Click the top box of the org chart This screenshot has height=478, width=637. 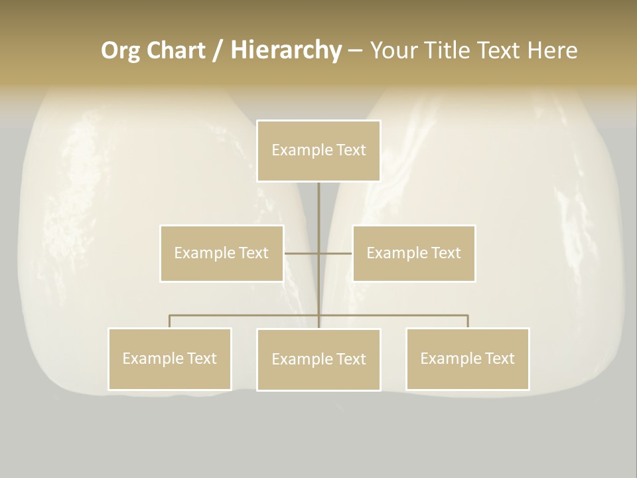coord(318,151)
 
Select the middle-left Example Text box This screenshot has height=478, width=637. coord(222,253)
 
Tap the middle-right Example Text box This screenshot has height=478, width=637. coord(414,253)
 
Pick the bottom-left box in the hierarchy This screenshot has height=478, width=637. coord(170,359)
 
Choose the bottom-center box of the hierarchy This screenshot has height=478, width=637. coord(318,360)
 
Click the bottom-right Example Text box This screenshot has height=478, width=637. coord(467,359)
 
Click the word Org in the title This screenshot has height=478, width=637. coord(119,50)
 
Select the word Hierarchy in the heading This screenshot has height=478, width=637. coord(285,50)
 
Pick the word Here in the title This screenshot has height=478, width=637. coord(552,50)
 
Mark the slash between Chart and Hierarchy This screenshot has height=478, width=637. coord(218,51)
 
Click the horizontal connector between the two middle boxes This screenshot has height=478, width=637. coord(302,253)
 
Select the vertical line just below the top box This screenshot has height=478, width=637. coord(318,202)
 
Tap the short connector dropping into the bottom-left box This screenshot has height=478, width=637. coord(170,321)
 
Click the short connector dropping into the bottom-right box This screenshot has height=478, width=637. coord(467,321)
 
